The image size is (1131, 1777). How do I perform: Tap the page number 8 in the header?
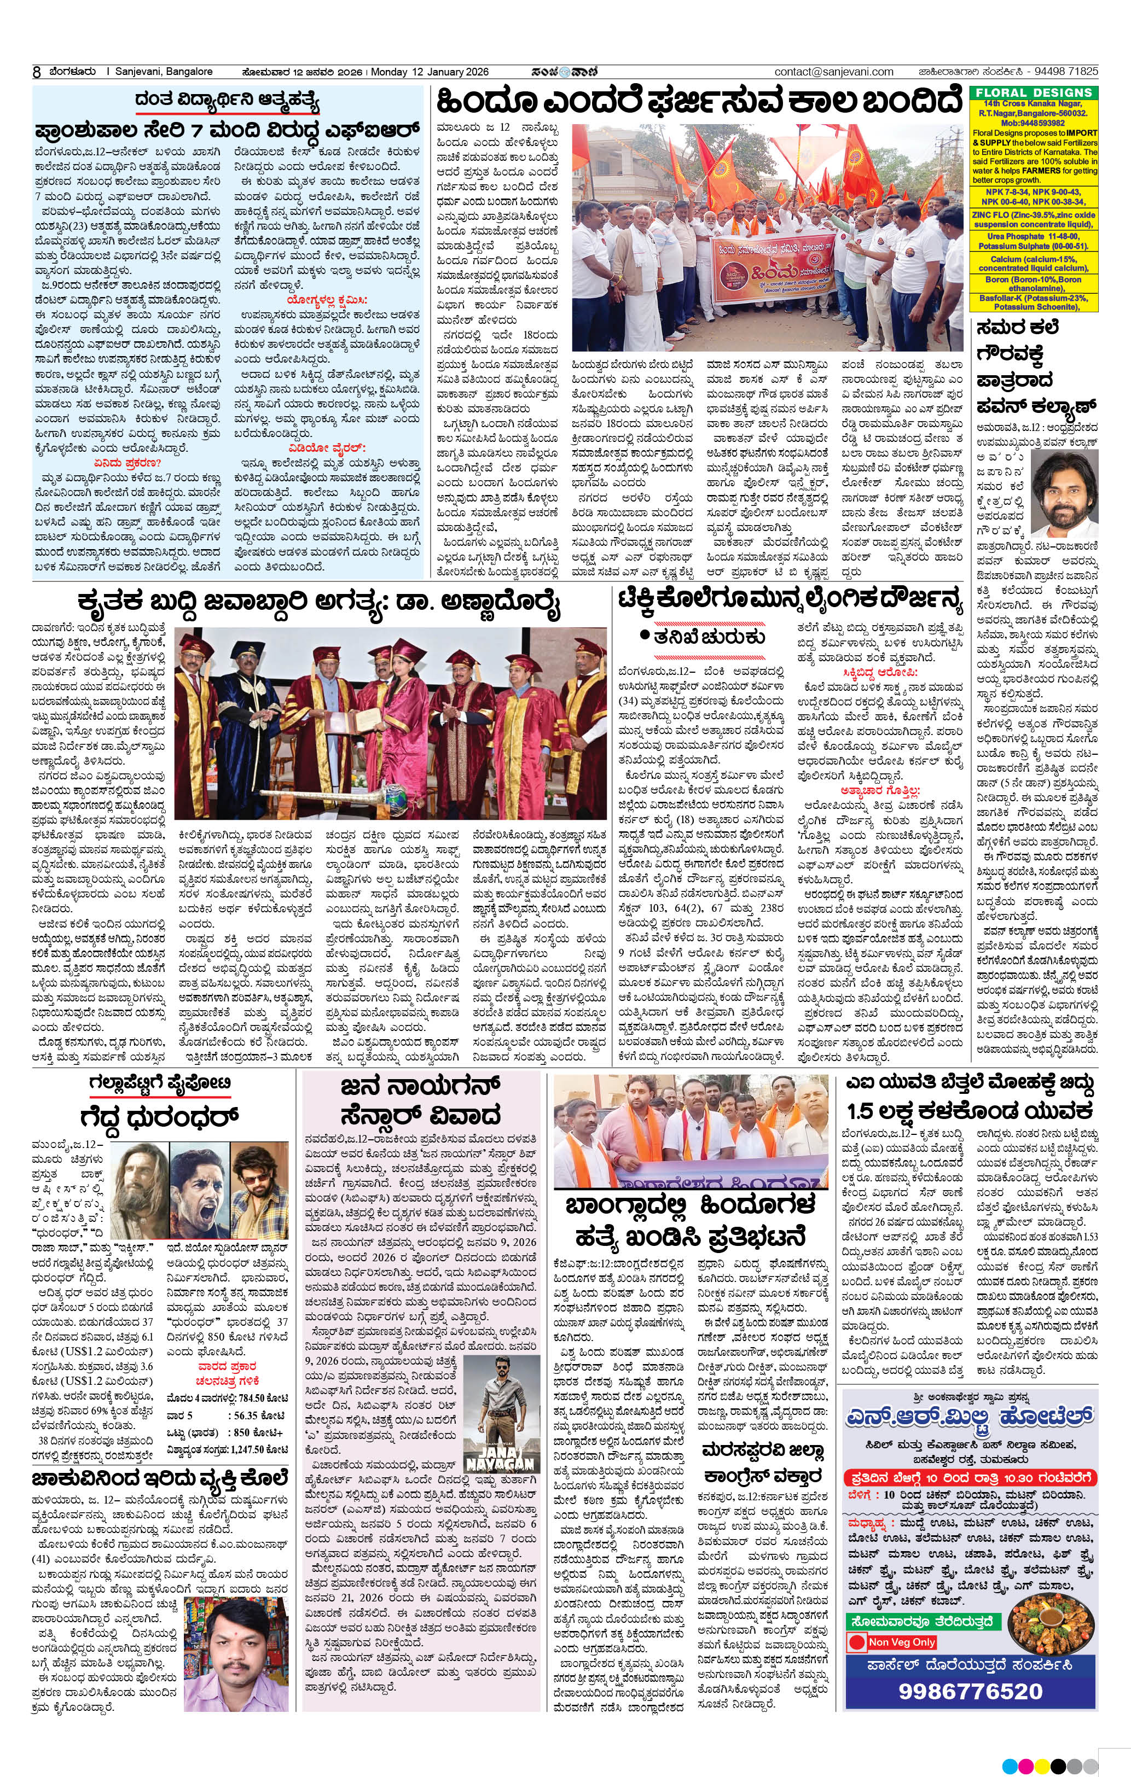point(36,72)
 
